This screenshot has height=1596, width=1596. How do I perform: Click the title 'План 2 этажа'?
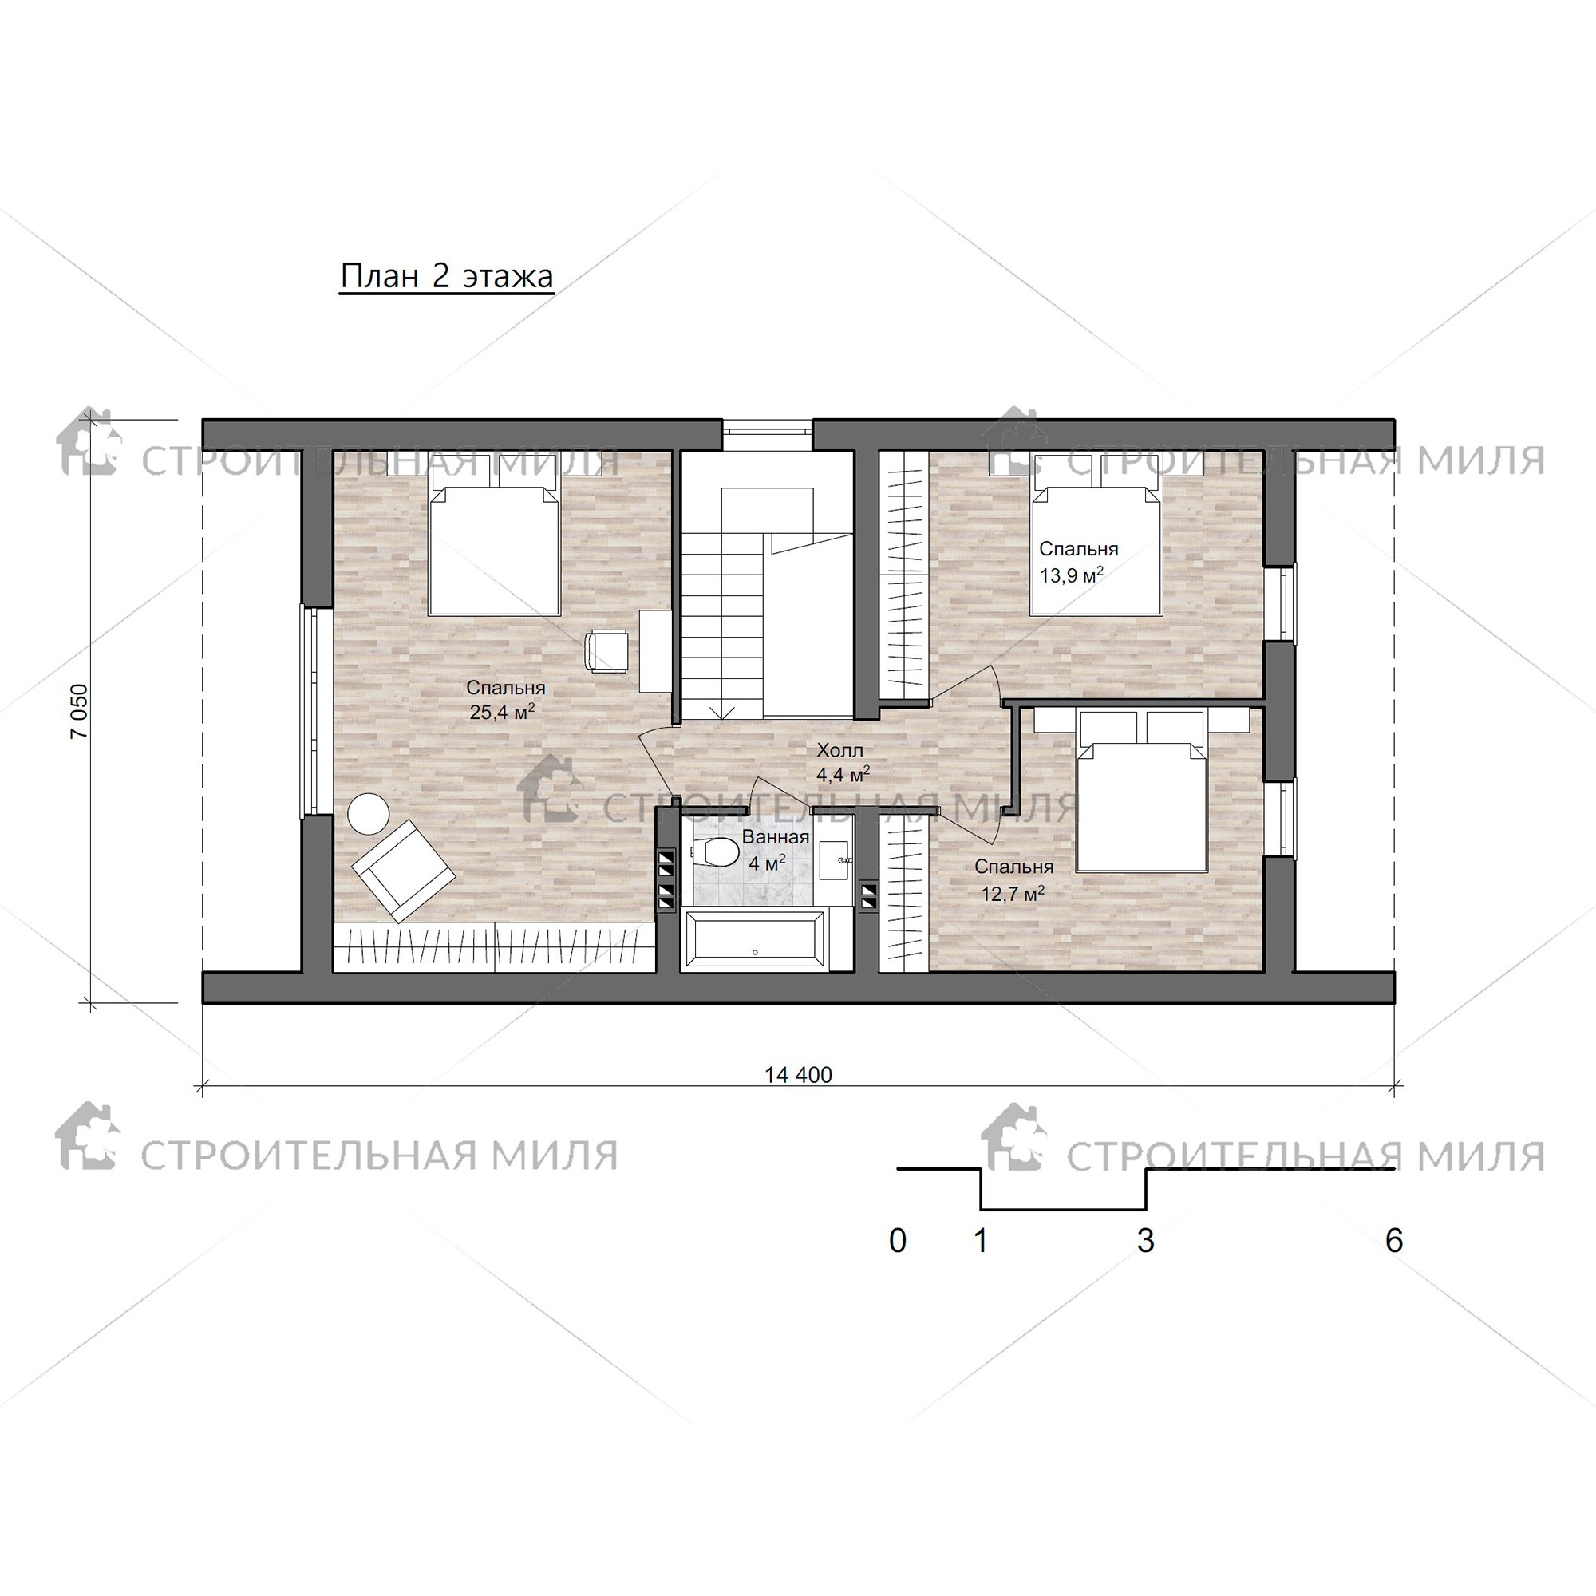pyautogui.click(x=446, y=276)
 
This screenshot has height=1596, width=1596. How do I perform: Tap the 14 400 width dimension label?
pyautogui.click(x=798, y=1075)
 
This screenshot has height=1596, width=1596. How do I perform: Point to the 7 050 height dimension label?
pyautogui.click(x=79, y=711)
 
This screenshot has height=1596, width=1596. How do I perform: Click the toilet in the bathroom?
pyautogui.click(x=714, y=852)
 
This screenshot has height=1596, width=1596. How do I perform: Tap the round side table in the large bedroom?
pyautogui.click(x=368, y=815)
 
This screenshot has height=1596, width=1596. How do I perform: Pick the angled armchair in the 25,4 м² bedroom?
pyautogui.click(x=403, y=871)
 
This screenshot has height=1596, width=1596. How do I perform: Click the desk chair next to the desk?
pyautogui.click(x=606, y=651)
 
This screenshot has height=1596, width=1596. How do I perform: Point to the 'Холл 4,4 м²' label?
pyautogui.click(x=842, y=762)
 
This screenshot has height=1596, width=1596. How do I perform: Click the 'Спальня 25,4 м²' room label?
pyautogui.click(x=505, y=700)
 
